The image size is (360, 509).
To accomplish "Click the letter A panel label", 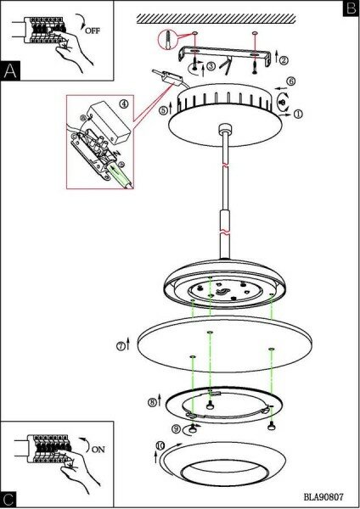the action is tap(10, 70).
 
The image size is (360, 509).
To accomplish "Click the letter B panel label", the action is tap(351, 8).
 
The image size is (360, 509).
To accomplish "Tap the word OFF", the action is tap(93, 31).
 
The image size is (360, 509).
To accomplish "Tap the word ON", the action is tap(98, 450).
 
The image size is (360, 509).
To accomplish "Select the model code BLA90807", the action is tap(323, 496).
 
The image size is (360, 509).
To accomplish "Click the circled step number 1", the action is tap(298, 114).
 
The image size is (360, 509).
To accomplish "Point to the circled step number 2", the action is tap(284, 60).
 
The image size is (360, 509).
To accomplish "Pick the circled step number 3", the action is tap(211, 66).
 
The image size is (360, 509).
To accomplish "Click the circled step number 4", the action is tap(124, 103).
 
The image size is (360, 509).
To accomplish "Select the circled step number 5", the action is tap(163, 110).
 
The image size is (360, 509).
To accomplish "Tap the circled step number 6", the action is tap(291, 81).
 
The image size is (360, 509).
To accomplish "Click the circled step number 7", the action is tap(121, 346).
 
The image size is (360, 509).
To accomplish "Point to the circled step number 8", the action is tap(152, 402).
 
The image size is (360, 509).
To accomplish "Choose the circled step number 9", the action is tap(176, 428).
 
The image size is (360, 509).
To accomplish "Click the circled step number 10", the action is tap(160, 445).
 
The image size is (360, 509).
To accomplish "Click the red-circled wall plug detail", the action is tap(167, 40).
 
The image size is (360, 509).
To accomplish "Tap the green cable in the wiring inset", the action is tap(121, 176).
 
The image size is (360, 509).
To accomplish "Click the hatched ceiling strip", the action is tap(216, 19).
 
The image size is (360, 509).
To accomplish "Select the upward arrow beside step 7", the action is tap(128, 344).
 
